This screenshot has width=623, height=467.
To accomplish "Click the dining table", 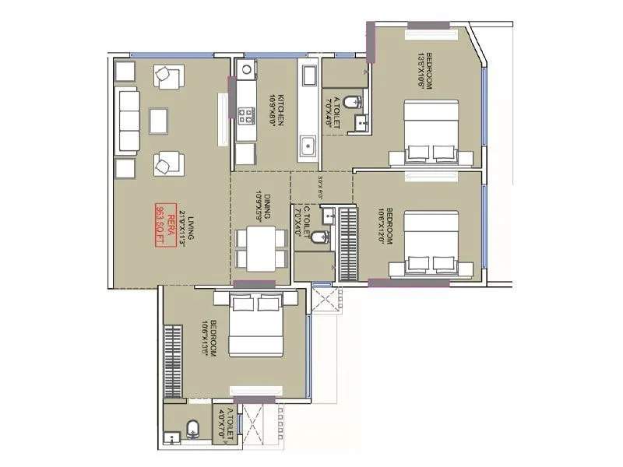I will coord(261,248).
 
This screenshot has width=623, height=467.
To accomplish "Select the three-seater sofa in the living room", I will coord(128,120).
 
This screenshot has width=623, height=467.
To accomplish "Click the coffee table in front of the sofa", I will coord(160,120).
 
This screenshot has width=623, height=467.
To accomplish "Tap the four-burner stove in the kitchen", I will coord(247,116).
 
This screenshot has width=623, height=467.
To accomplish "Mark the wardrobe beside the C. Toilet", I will coord(348,243).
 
